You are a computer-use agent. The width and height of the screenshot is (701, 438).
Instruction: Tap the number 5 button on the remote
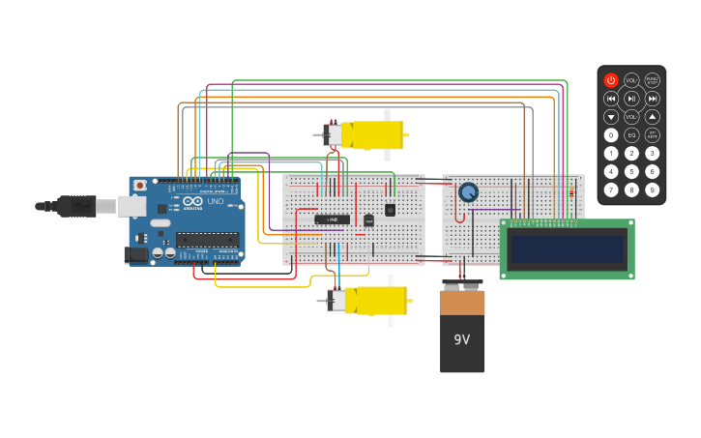631,171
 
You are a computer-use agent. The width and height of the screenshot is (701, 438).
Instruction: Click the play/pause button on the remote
631,99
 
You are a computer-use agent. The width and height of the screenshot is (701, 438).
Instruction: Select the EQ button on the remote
631,135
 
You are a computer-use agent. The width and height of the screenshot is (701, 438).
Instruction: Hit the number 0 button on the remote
611,135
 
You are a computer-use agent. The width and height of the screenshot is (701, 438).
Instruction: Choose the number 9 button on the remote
653,190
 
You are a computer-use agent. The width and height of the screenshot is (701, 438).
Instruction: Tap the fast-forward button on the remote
653,99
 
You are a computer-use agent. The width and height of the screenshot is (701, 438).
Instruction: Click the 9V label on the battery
461,339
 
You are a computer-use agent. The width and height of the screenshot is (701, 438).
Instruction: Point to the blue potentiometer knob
468,192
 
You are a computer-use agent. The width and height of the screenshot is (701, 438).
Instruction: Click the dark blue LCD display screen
567,249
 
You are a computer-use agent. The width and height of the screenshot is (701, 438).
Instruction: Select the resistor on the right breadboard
570,193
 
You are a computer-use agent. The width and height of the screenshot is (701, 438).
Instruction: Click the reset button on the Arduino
140,185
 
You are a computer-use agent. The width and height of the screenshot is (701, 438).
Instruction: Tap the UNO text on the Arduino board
215,201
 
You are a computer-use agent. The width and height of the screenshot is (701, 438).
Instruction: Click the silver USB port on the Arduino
131,206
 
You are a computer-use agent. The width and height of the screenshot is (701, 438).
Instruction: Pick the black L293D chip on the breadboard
332,219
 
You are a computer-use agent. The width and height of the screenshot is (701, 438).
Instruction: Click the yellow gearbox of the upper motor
377,134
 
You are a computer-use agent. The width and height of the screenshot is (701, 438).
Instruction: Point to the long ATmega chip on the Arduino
207,240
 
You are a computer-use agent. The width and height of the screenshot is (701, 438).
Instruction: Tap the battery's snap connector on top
461,285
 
